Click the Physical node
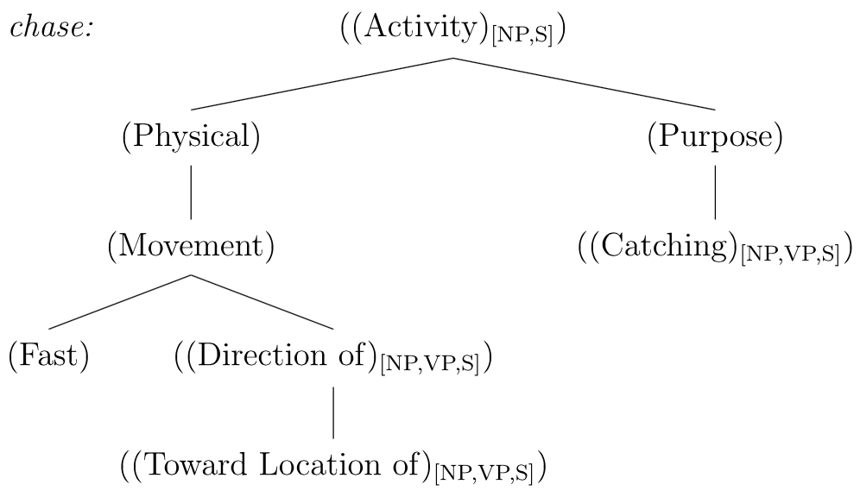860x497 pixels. [x=191, y=137]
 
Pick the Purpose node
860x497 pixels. [x=715, y=137]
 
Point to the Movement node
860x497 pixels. [x=191, y=247]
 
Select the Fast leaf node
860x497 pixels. [x=49, y=355]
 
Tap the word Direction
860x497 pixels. [x=250, y=355]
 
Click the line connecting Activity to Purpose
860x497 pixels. [x=585, y=84]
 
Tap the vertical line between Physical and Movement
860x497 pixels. [x=191, y=192]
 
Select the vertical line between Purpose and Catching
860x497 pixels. [x=715, y=192]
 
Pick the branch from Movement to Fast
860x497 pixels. [x=120, y=302]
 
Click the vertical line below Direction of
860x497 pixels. [x=333, y=412]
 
